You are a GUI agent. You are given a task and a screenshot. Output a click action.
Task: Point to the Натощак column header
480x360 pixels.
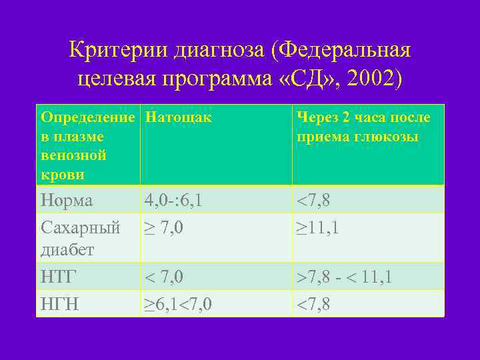click(x=178, y=118)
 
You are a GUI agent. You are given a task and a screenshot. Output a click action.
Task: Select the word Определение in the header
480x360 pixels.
click(x=87, y=118)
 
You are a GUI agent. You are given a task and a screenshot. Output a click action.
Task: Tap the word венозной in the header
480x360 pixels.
click(x=73, y=156)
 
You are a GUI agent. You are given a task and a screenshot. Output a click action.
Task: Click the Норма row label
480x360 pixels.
click(x=67, y=200)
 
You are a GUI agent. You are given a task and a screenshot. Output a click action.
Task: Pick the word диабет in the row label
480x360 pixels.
click(x=67, y=249)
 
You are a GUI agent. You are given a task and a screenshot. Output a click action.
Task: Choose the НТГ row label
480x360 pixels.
click(x=59, y=277)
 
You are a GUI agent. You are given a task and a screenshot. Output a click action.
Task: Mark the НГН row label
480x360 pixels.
click(x=59, y=304)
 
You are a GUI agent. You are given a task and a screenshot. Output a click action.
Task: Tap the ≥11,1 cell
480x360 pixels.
click(x=318, y=227)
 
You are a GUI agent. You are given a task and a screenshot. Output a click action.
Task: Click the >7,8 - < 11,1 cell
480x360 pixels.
click(x=344, y=277)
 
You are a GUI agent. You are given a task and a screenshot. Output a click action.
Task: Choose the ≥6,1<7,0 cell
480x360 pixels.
click(x=179, y=304)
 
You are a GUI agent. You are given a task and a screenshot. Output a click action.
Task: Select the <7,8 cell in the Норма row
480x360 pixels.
click(x=313, y=200)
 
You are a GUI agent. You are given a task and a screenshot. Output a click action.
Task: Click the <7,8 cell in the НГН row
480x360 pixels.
click(x=313, y=304)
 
